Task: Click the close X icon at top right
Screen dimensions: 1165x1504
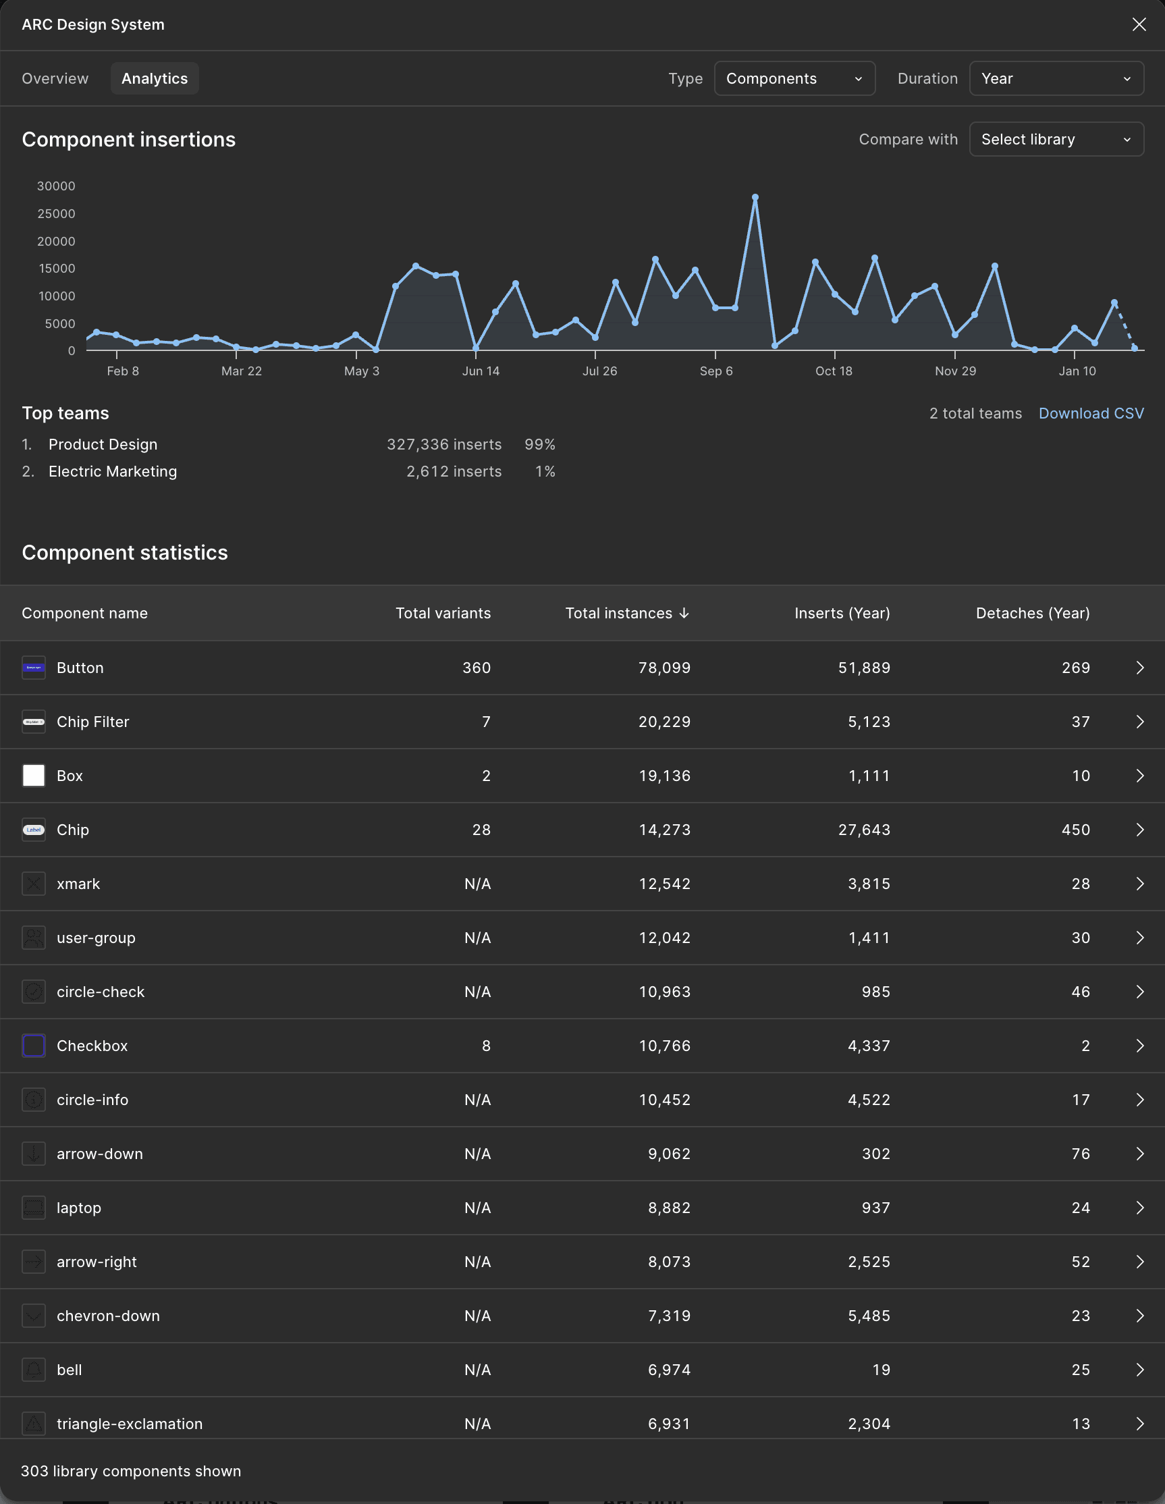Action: tap(1139, 25)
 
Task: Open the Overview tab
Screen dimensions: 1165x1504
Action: tap(55, 78)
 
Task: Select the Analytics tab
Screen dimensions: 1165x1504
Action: tap(155, 78)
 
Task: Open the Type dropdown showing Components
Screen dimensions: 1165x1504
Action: tap(794, 78)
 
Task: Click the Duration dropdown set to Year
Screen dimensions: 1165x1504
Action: tap(1056, 78)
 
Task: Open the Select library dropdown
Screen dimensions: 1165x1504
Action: tap(1056, 139)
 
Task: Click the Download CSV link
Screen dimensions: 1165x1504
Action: tap(1091, 413)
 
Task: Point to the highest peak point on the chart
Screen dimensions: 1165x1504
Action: tap(755, 198)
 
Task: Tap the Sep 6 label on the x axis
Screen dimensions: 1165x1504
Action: tap(716, 371)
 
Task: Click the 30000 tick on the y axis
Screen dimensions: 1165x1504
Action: tap(57, 186)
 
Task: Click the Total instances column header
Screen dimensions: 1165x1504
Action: tap(626, 613)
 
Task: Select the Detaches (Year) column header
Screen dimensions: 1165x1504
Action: tap(1033, 613)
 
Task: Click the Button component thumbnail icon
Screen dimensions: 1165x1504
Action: tap(34, 668)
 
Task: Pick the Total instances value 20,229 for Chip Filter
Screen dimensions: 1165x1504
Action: tap(664, 722)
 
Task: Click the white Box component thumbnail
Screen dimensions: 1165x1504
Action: tap(34, 776)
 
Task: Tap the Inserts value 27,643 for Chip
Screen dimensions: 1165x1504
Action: tap(864, 830)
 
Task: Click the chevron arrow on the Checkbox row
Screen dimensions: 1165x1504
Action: tap(1140, 1046)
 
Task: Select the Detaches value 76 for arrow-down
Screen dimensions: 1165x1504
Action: tap(1081, 1154)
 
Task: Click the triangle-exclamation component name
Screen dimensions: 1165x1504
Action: tap(130, 1424)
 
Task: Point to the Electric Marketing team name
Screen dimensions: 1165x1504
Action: tap(113, 472)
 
